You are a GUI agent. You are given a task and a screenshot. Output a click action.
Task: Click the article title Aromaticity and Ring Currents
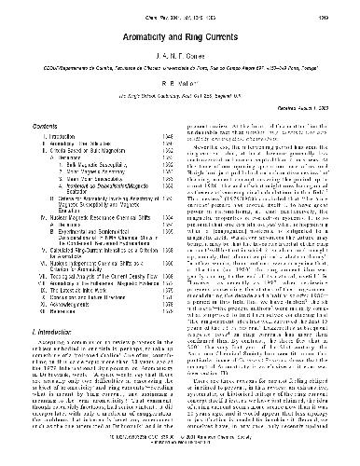point(180,34)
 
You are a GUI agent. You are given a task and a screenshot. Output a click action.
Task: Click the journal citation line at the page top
point(180,12)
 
